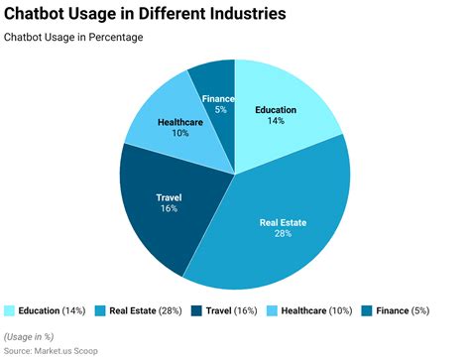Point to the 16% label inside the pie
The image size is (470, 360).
169,210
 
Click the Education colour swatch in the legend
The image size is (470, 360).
11,310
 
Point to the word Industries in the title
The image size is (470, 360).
246,15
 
